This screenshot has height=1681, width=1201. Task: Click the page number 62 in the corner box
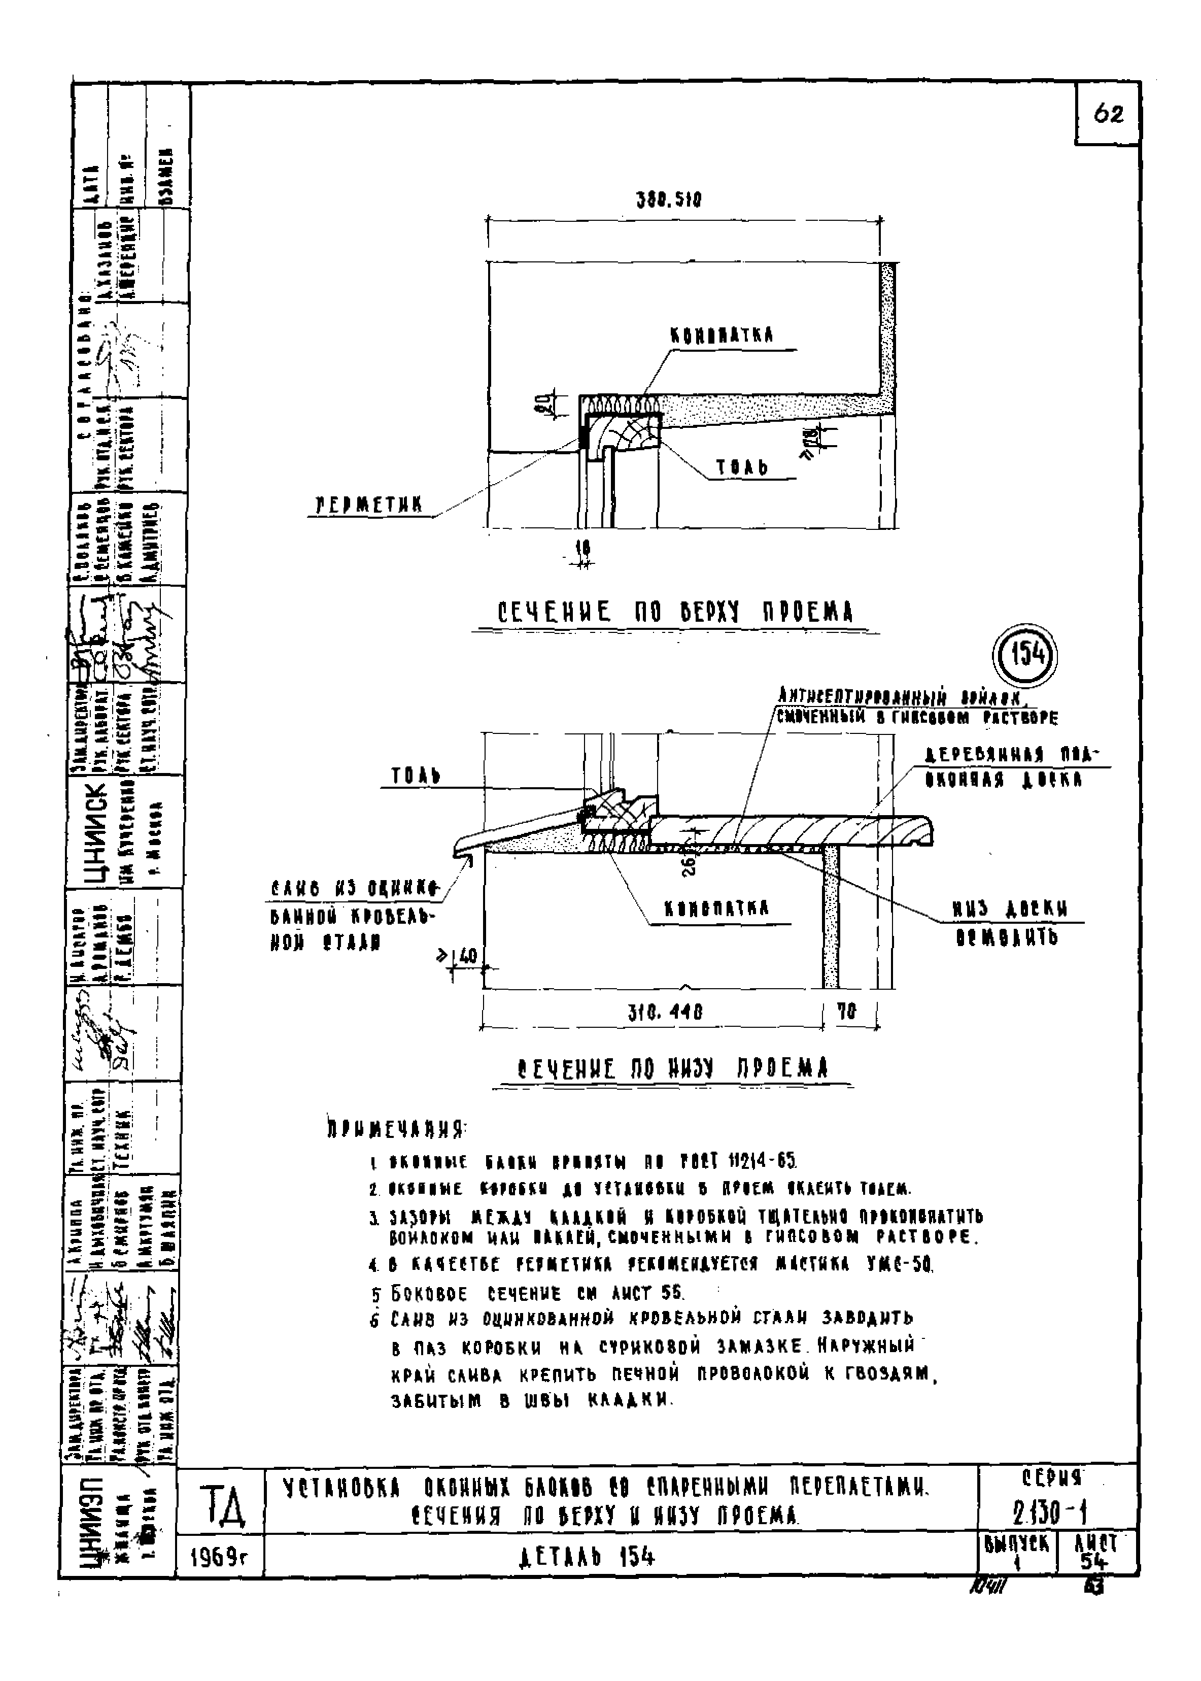coord(1107,115)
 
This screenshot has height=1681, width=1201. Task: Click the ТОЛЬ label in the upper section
coord(742,467)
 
